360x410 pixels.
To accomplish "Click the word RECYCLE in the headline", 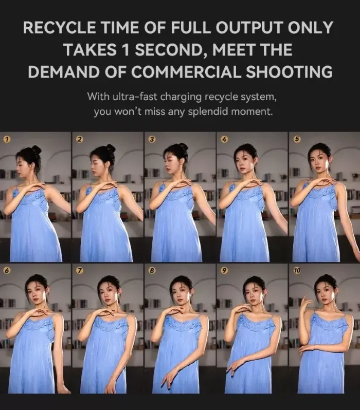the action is [60, 27].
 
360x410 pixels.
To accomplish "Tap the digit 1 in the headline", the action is [126, 50].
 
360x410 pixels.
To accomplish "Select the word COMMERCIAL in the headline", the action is [173, 71].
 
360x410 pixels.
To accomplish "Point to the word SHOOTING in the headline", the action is [290, 71].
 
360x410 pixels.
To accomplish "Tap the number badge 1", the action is [7, 139].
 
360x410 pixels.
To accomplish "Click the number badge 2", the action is [79, 139].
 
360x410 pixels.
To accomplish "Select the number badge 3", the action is [151, 139].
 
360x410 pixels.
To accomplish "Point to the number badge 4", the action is [224, 139].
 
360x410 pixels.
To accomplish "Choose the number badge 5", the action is [297, 139].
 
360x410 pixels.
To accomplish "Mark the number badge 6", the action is [7, 271].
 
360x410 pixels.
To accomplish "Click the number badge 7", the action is [79, 271].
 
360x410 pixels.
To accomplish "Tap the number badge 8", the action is [151, 271].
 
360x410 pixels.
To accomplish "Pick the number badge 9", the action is [224, 271].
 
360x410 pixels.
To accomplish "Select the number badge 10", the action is [297, 271].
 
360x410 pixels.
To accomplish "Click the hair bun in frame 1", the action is [36, 150].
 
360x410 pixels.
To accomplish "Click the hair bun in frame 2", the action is [111, 148].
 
